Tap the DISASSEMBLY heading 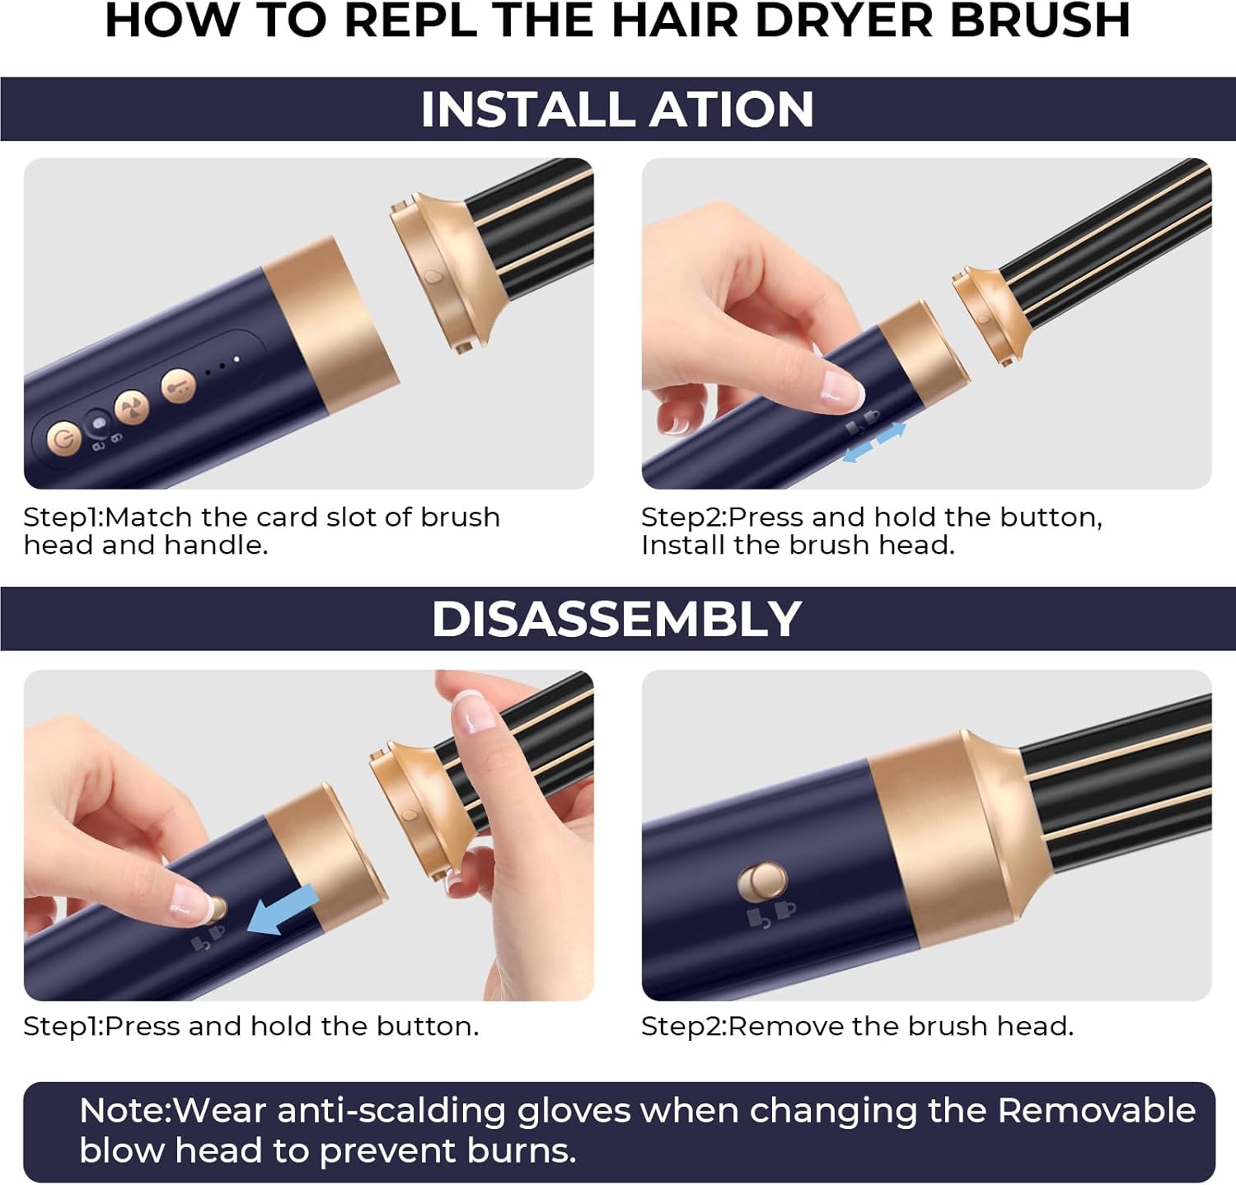coord(616,619)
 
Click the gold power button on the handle coord(64,438)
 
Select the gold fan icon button coord(131,406)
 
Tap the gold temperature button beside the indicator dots coord(178,385)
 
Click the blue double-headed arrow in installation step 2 coord(874,442)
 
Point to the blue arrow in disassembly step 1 coord(282,911)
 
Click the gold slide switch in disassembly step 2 coord(761,883)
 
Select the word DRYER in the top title coord(845,21)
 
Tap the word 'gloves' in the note coord(574,1112)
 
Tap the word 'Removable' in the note coord(1096,1111)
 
